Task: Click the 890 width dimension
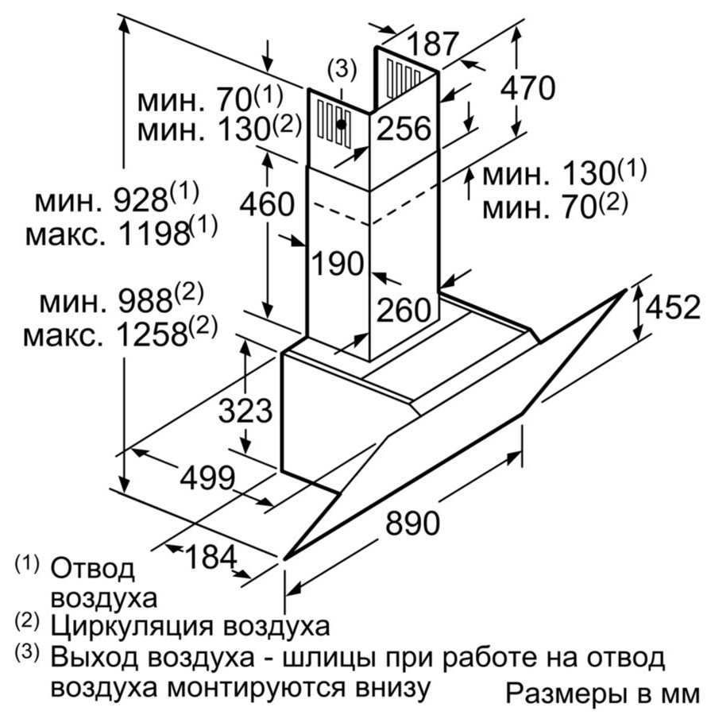click(412, 523)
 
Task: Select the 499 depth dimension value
click(207, 478)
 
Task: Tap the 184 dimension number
click(211, 557)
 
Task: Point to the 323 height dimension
click(245, 411)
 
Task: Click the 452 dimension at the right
click(673, 307)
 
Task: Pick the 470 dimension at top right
click(527, 87)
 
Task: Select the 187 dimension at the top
click(432, 44)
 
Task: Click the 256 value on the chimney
click(404, 128)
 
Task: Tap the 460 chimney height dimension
click(267, 204)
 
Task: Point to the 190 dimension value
click(338, 263)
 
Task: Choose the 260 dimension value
click(404, 310)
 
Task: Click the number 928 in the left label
click(141, 201)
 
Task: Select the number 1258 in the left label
click(153, 335)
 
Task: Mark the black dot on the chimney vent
click(341, 124)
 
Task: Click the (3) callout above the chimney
click(342, 69)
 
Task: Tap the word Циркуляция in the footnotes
click(132, 626)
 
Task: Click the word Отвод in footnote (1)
click(92, 569)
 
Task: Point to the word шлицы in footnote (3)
click(331, 659)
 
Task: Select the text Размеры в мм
click(603, 694)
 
